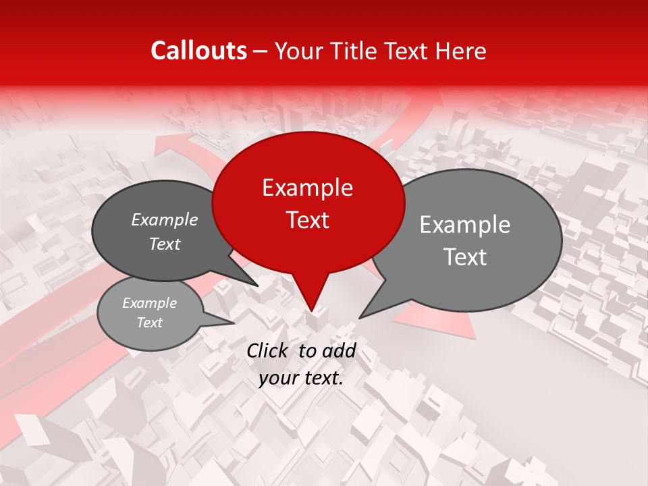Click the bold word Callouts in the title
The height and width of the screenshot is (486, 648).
(x=198, y=51)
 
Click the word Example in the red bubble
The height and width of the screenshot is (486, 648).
(x=307, y=188)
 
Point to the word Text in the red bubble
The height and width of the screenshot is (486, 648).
(x=307, y=220)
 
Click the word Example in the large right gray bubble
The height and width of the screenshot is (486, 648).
(x=465, y=225)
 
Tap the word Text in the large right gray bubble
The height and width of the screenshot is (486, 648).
(x=465, y=257)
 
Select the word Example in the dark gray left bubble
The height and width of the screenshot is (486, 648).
(x=165, y=220)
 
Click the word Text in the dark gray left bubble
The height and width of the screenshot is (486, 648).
(x=165, y=244)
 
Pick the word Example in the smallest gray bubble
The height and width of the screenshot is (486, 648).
(x=149, y=303)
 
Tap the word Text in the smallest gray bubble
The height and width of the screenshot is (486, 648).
(x=149, y=323)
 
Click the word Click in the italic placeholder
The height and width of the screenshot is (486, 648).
(x=269, y=350)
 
